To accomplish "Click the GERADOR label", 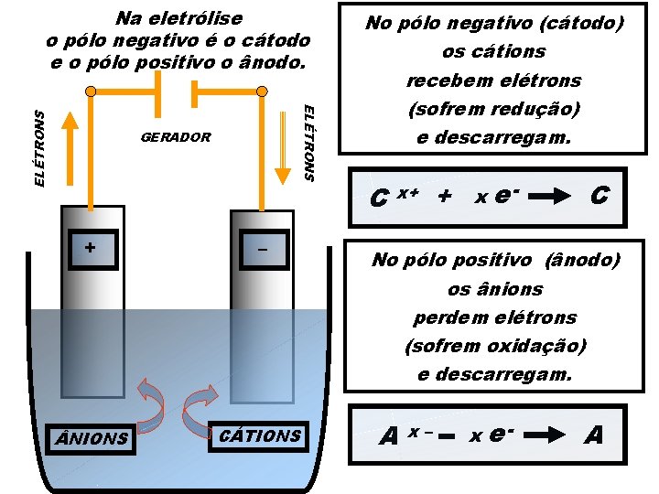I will point(176,138).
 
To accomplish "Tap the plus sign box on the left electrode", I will point(90,248).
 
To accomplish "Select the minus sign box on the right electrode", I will point(262,248).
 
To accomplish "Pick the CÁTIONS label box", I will point(262,435).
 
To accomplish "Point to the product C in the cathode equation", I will point(600,195).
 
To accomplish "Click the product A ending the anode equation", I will point(594,435).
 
